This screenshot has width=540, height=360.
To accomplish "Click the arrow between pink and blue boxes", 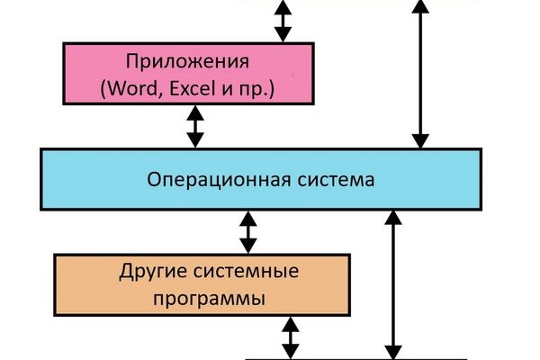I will click(195, 127).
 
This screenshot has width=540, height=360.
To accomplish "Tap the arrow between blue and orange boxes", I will click(247, 232).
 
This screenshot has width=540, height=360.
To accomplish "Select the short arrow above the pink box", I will click(283, 20).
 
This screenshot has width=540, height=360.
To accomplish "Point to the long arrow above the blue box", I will click(418, 72).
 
